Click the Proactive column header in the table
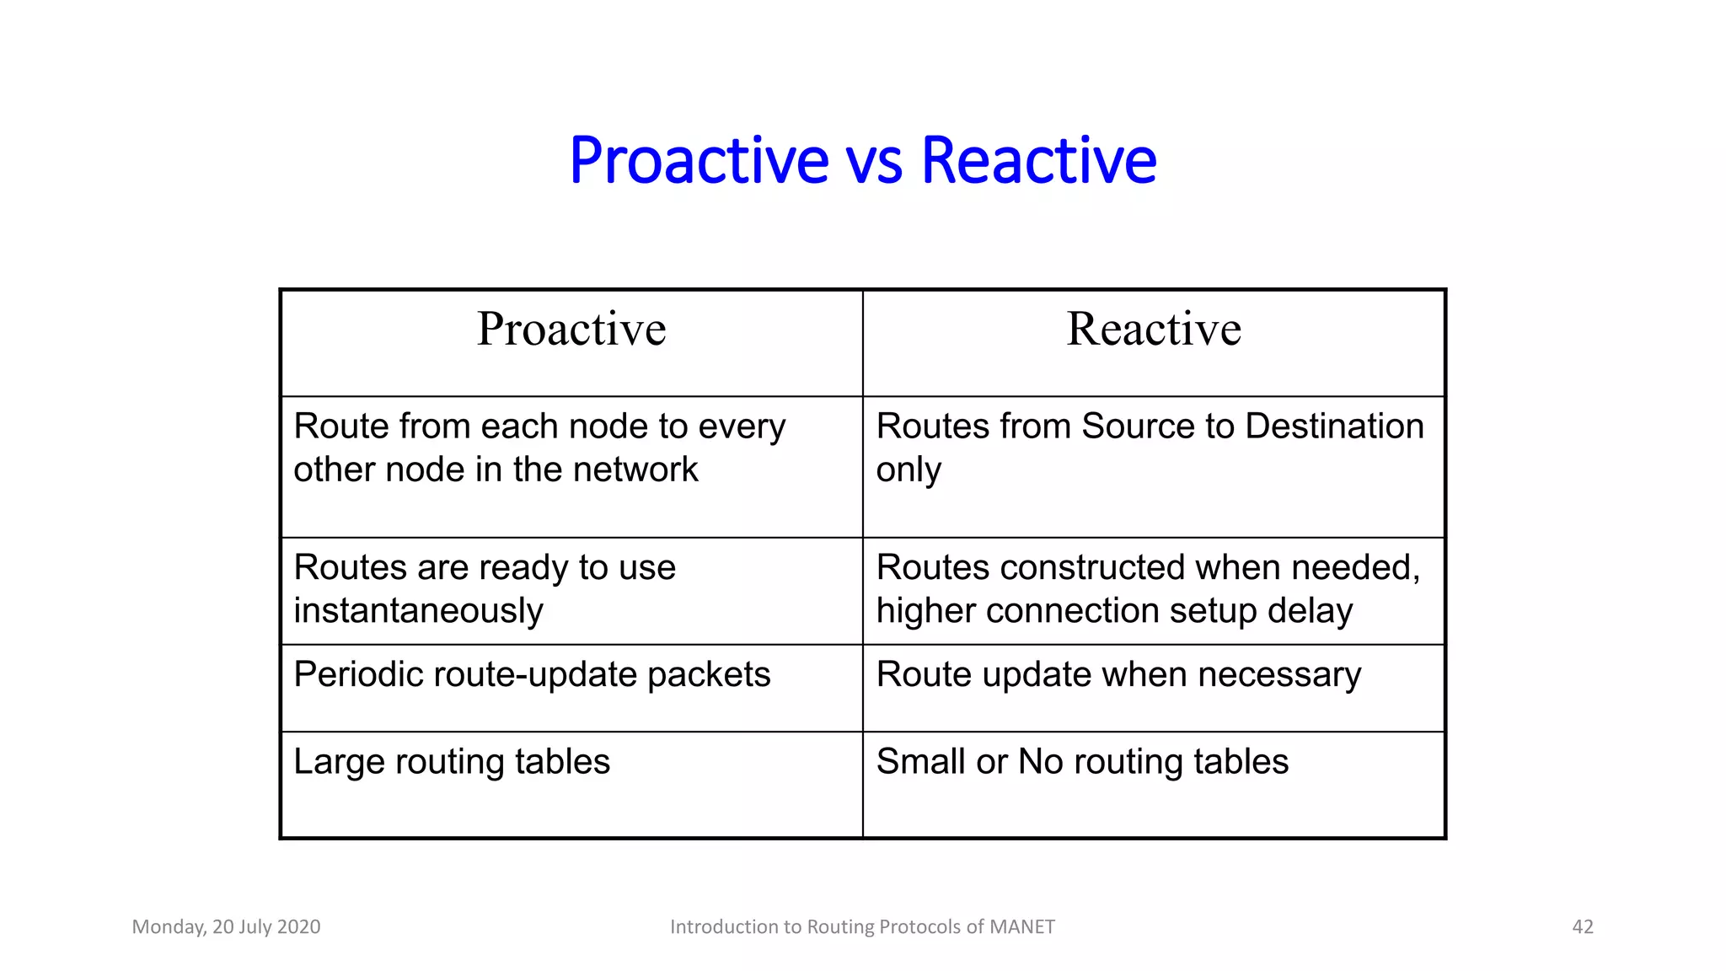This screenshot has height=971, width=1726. point(571,329)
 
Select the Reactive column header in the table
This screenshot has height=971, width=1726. point(1154,329)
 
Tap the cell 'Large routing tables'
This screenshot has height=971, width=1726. point(452,762)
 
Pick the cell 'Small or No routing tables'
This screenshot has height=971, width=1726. point(1082,762)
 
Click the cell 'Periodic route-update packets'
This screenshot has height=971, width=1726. point(532,675)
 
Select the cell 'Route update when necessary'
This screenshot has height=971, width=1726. point(1118,675)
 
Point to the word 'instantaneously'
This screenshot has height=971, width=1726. point(418,611)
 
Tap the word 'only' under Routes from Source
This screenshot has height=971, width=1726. point(908,470)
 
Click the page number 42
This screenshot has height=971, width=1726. point(1582,927)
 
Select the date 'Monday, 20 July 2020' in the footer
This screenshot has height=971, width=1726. point(226,927)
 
